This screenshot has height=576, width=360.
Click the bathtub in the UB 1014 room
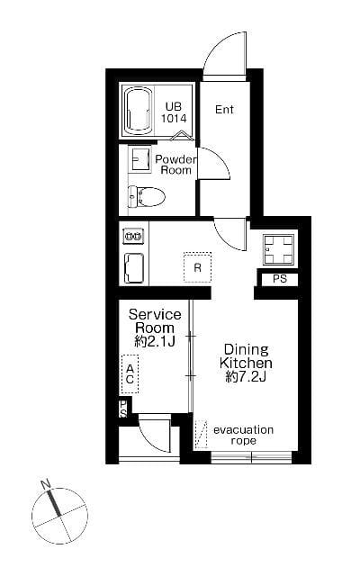[x=138, y=109]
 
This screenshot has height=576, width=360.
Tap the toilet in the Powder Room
[x=146, y=196]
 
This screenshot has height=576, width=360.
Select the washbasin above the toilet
[x=139, y=159]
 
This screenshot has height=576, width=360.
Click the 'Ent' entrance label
[x=224, y=110]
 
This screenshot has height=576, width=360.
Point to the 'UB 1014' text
[x=174, y=112]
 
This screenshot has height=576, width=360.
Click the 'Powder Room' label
[x=175, y=165]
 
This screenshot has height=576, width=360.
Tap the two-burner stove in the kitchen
[x=133, y=236]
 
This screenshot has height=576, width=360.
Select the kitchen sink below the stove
[x=134, y=268]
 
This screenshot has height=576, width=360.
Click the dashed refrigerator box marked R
[x=198, y=267]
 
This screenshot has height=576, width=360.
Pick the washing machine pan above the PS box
[x=279, y=249]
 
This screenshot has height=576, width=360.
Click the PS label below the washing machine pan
[x=280, y=279]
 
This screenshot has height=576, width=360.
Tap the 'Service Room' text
[x=155, y=321]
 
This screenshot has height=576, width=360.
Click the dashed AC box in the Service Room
[x=130, y=374]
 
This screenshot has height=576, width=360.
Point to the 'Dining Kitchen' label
[x=246, y=356]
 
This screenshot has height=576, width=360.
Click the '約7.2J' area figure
[x=246, y=377]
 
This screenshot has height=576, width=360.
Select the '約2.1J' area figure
[x=155, y=342]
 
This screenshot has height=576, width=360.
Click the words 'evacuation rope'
[x=243, y=435]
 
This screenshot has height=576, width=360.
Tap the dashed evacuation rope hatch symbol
[x=201, y=435]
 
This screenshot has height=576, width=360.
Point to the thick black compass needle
[x=54, y=502]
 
